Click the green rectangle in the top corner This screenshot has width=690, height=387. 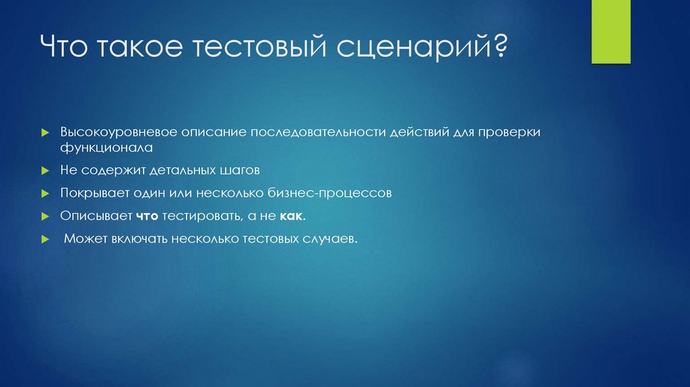(610, 32)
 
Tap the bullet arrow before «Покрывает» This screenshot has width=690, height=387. (44, 193)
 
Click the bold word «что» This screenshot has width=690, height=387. (146, 216)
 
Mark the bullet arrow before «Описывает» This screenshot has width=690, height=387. (44, 217)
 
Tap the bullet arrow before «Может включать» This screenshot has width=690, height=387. (44, 240)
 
